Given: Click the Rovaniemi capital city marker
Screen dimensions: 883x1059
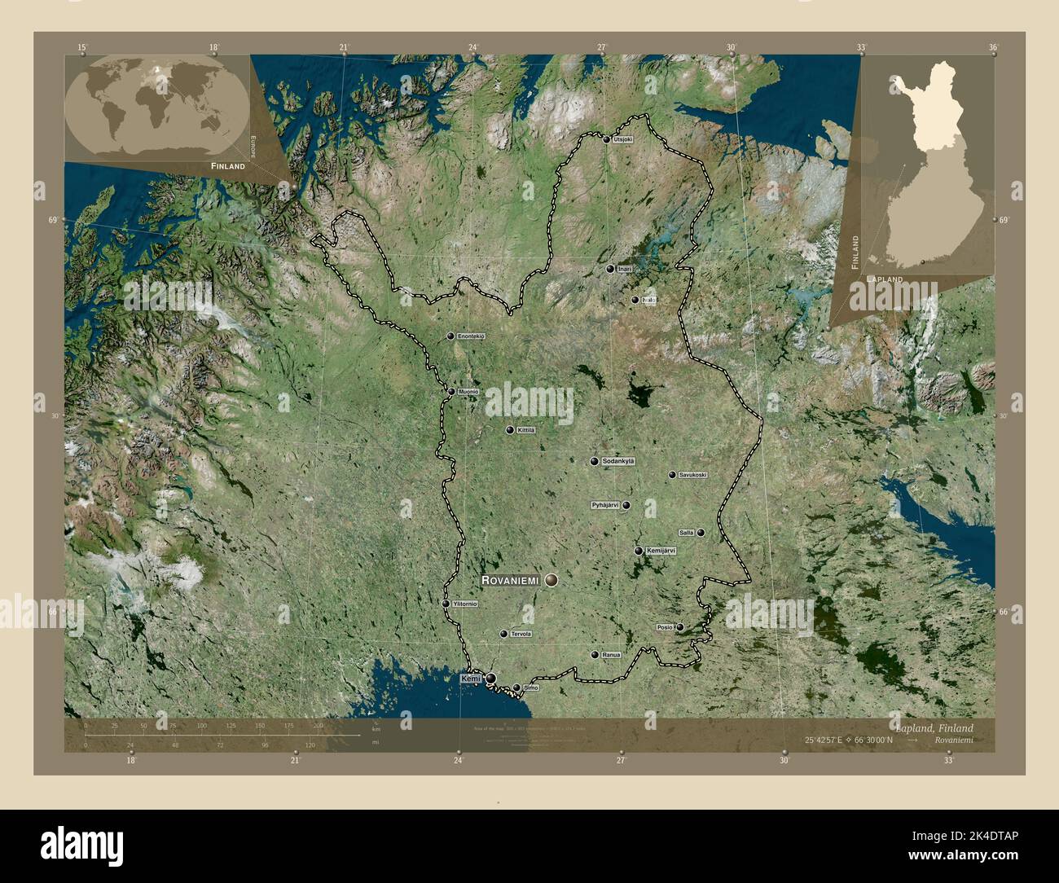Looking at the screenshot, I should click(552, 580).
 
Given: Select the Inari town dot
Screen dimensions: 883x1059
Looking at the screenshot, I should click(609, 269).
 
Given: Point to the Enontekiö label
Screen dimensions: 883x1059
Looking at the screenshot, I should click(472, 336).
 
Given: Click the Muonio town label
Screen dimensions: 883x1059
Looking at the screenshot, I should click(468, 392).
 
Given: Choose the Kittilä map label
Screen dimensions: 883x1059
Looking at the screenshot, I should click(526, 430).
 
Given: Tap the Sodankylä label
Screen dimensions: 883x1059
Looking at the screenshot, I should click(618, 462).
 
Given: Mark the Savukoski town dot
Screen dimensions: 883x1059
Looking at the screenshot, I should click(672, 475).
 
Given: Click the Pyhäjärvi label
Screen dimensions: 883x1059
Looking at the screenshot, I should click(605, 505).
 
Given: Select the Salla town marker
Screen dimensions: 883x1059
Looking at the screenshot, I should click(701, 533).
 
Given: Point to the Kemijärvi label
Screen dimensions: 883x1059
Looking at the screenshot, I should click(661, 551).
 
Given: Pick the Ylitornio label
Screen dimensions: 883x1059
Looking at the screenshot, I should click(463, 604).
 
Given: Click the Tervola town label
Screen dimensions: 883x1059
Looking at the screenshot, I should click(521, 634).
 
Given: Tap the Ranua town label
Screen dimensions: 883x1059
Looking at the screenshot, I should click(612, 655).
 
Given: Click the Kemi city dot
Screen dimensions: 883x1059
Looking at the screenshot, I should click(491, 679).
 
